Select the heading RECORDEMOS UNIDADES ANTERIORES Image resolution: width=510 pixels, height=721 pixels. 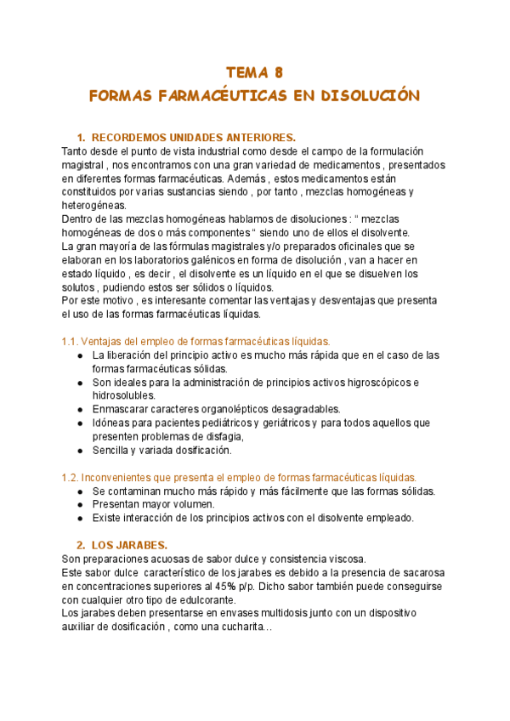[193, 138]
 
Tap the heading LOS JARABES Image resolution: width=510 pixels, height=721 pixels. [129, 545]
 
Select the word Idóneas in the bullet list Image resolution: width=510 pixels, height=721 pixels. [115, 423]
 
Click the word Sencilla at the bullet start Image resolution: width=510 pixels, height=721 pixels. [114, 450]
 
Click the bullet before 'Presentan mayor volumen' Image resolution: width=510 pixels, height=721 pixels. [80, 504]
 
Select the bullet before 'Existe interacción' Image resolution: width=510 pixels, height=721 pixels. [80, 518]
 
